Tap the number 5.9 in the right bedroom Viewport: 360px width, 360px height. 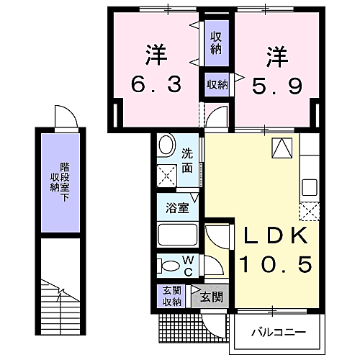pyautogui.click(x=274, y=84)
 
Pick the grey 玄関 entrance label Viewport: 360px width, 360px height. pyautogui.click(x=210, y=296)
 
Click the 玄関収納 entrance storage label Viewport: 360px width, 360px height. pyautogui.click(x=171, y=295)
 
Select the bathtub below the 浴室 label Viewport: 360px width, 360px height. pyautogui.click(x=177, y=235)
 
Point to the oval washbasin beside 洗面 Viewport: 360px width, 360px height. pyautogui.click(x=165, y=147)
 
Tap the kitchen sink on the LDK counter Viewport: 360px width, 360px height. pyautogui.click(x=310, y=186)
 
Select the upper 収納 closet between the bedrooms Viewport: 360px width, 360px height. pyautogui.click(x=216, y=42)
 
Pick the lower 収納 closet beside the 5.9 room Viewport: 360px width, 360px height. pyautogui.click(x=216, y=84)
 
